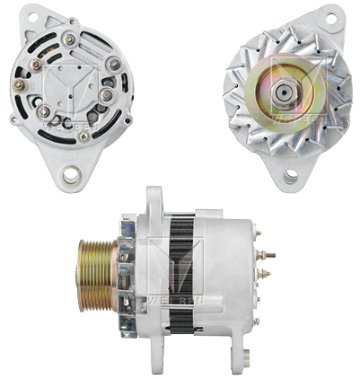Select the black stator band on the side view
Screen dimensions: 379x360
click(183, 269)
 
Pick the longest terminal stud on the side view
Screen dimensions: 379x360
click(268, 255)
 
